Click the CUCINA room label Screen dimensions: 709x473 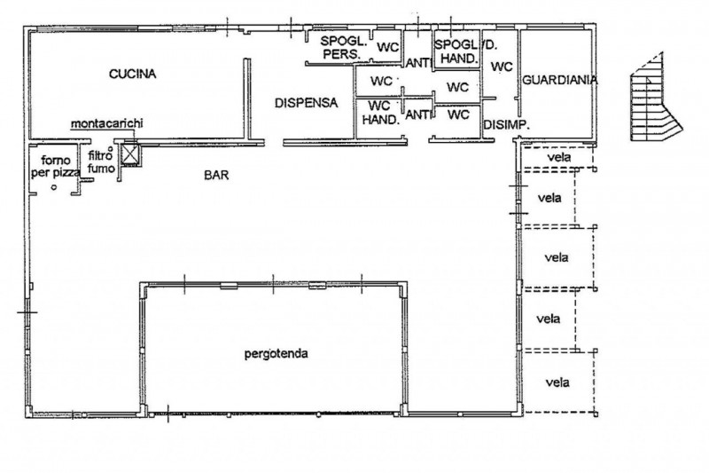click(132, 74)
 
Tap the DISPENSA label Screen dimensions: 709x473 click(306, 103)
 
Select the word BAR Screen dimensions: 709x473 click(216, 175)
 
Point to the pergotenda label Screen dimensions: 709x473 click(277, 353)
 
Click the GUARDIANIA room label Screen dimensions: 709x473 click(560, 80)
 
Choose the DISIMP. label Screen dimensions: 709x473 click(506, 125)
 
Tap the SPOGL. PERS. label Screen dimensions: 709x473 click(343, 48)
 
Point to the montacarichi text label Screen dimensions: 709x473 click(106, 123)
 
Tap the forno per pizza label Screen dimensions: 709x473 click(56, 166)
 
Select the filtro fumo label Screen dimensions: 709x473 click(101, 162)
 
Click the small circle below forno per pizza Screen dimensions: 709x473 click(54, 187)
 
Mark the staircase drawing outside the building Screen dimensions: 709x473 click(654, 99)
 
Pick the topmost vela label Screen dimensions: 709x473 click(559, 157)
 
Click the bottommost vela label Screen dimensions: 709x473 click(557, 383)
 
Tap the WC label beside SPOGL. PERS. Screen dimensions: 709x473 click(387, 47)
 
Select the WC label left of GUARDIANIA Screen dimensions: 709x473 click(502, 67)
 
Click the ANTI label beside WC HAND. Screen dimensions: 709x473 click(417, 115)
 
